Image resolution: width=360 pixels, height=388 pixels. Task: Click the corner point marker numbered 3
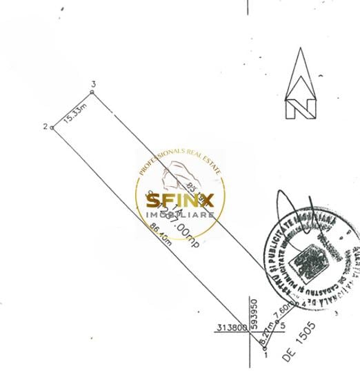tap(92, 91)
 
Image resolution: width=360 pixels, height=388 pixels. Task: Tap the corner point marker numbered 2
tap(52, 127)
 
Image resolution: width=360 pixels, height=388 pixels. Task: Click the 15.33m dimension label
tap(74, 114)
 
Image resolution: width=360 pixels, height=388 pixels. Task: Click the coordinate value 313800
tap(232, 328)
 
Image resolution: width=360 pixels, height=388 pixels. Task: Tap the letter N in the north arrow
tap(301, 108)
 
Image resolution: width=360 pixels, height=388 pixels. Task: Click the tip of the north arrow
tap(301, 49)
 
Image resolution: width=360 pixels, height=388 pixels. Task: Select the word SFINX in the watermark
tap(180, 201)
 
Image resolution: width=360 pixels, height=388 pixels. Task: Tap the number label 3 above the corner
tap(92, 83)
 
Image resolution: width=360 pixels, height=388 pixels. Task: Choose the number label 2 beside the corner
tap(45, 126)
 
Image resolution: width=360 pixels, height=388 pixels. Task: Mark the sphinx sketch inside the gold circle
tap(178, 176)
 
